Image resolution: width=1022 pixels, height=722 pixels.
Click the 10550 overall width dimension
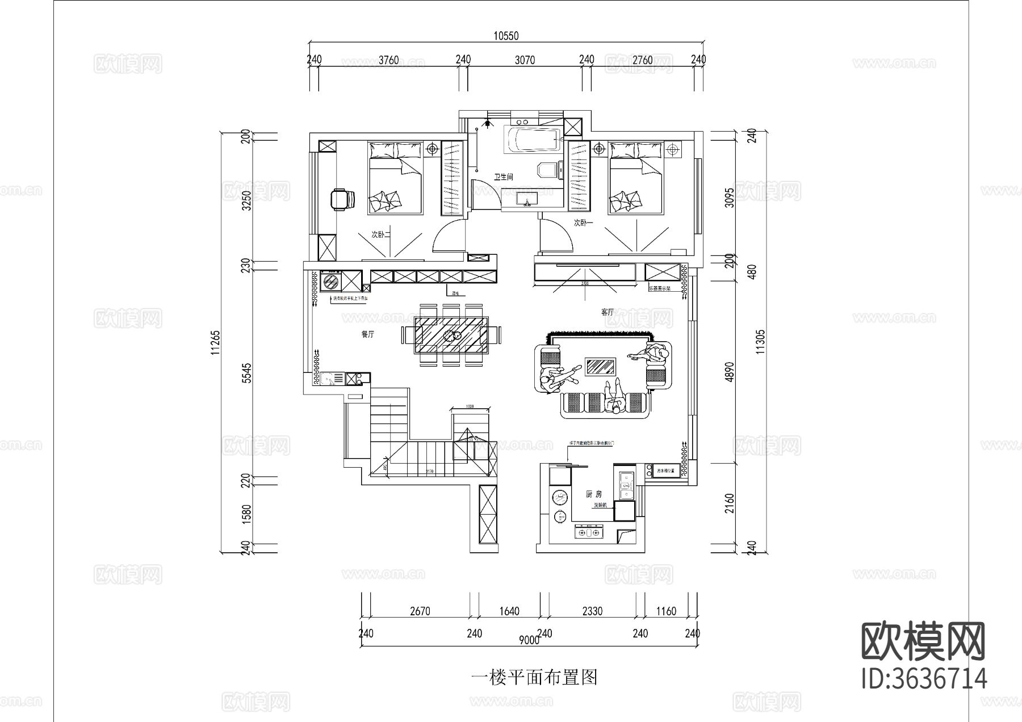point(505,36)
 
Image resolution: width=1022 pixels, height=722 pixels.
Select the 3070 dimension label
point(524,60)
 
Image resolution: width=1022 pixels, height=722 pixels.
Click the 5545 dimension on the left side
point(246,374)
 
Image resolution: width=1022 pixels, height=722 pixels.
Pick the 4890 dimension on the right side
point(730,372)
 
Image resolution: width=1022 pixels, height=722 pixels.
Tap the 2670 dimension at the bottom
point(420,611)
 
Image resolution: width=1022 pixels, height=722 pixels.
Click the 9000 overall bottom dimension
point(528,640)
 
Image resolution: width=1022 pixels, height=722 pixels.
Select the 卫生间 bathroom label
point(503,177)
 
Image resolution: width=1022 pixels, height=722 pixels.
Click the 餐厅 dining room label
point(368,334)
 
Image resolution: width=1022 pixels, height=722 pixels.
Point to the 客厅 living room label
point(608,312)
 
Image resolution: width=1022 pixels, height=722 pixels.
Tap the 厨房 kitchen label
point(593,494)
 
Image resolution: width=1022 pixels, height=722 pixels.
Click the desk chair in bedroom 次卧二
point(342,199)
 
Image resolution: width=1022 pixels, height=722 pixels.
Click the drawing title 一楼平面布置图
point(534,677)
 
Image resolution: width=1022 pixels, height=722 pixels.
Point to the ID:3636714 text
point(924,679)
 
